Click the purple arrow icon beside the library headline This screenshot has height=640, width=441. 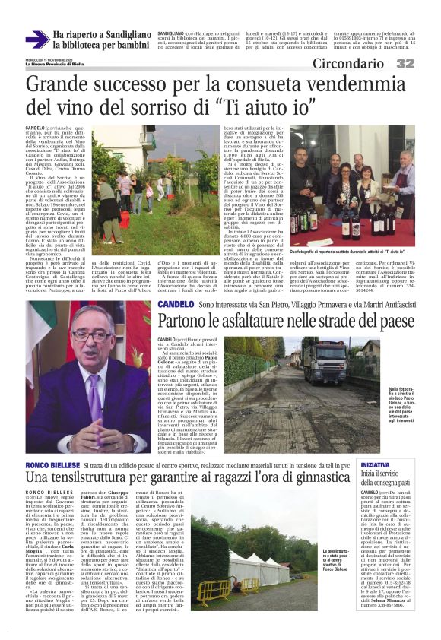click(x=36, y=40)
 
